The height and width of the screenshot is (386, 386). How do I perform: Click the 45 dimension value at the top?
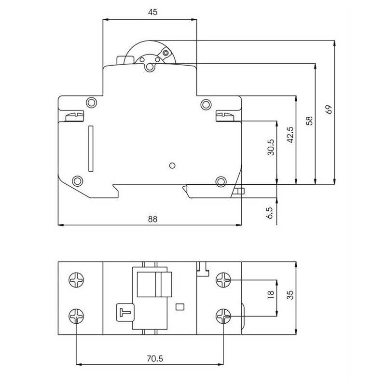coord(152,12)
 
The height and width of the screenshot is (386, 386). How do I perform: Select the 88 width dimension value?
coord(152,219)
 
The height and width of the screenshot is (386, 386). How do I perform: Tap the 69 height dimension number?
coord(329,110)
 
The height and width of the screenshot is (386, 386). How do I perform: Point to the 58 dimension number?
coord(309,121)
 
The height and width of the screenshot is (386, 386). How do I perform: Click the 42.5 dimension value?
coord(290,135)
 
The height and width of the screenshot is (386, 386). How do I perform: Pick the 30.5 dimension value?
coord(271,147)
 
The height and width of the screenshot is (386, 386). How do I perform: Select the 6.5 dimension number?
coord(270,213)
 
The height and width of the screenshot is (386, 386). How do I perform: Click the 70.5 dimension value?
coord(155,358)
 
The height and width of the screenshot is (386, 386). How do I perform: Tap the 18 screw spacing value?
coord(271,295)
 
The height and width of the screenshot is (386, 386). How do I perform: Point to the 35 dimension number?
coord(290,295)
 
